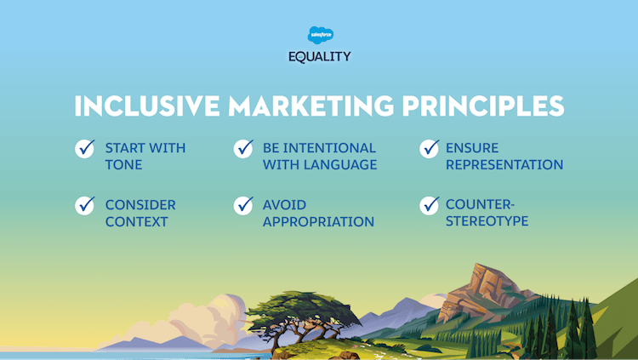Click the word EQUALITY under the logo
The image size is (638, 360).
point(319,57)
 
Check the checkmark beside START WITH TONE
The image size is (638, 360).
point(85,149)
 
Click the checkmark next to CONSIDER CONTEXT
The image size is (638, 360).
point(85,205)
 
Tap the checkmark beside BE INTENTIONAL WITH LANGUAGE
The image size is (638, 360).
point(244,149)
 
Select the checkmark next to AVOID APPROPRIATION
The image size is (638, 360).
point(244,205)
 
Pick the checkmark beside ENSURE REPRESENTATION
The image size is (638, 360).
point(430,149)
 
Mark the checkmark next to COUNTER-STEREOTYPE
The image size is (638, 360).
point(430,205)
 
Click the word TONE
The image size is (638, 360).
point(124,165)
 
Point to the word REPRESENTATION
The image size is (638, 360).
point(504,165)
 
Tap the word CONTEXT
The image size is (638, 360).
point(136,221)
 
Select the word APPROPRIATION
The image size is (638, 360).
point(318,221)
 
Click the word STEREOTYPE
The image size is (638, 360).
point(487,221)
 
